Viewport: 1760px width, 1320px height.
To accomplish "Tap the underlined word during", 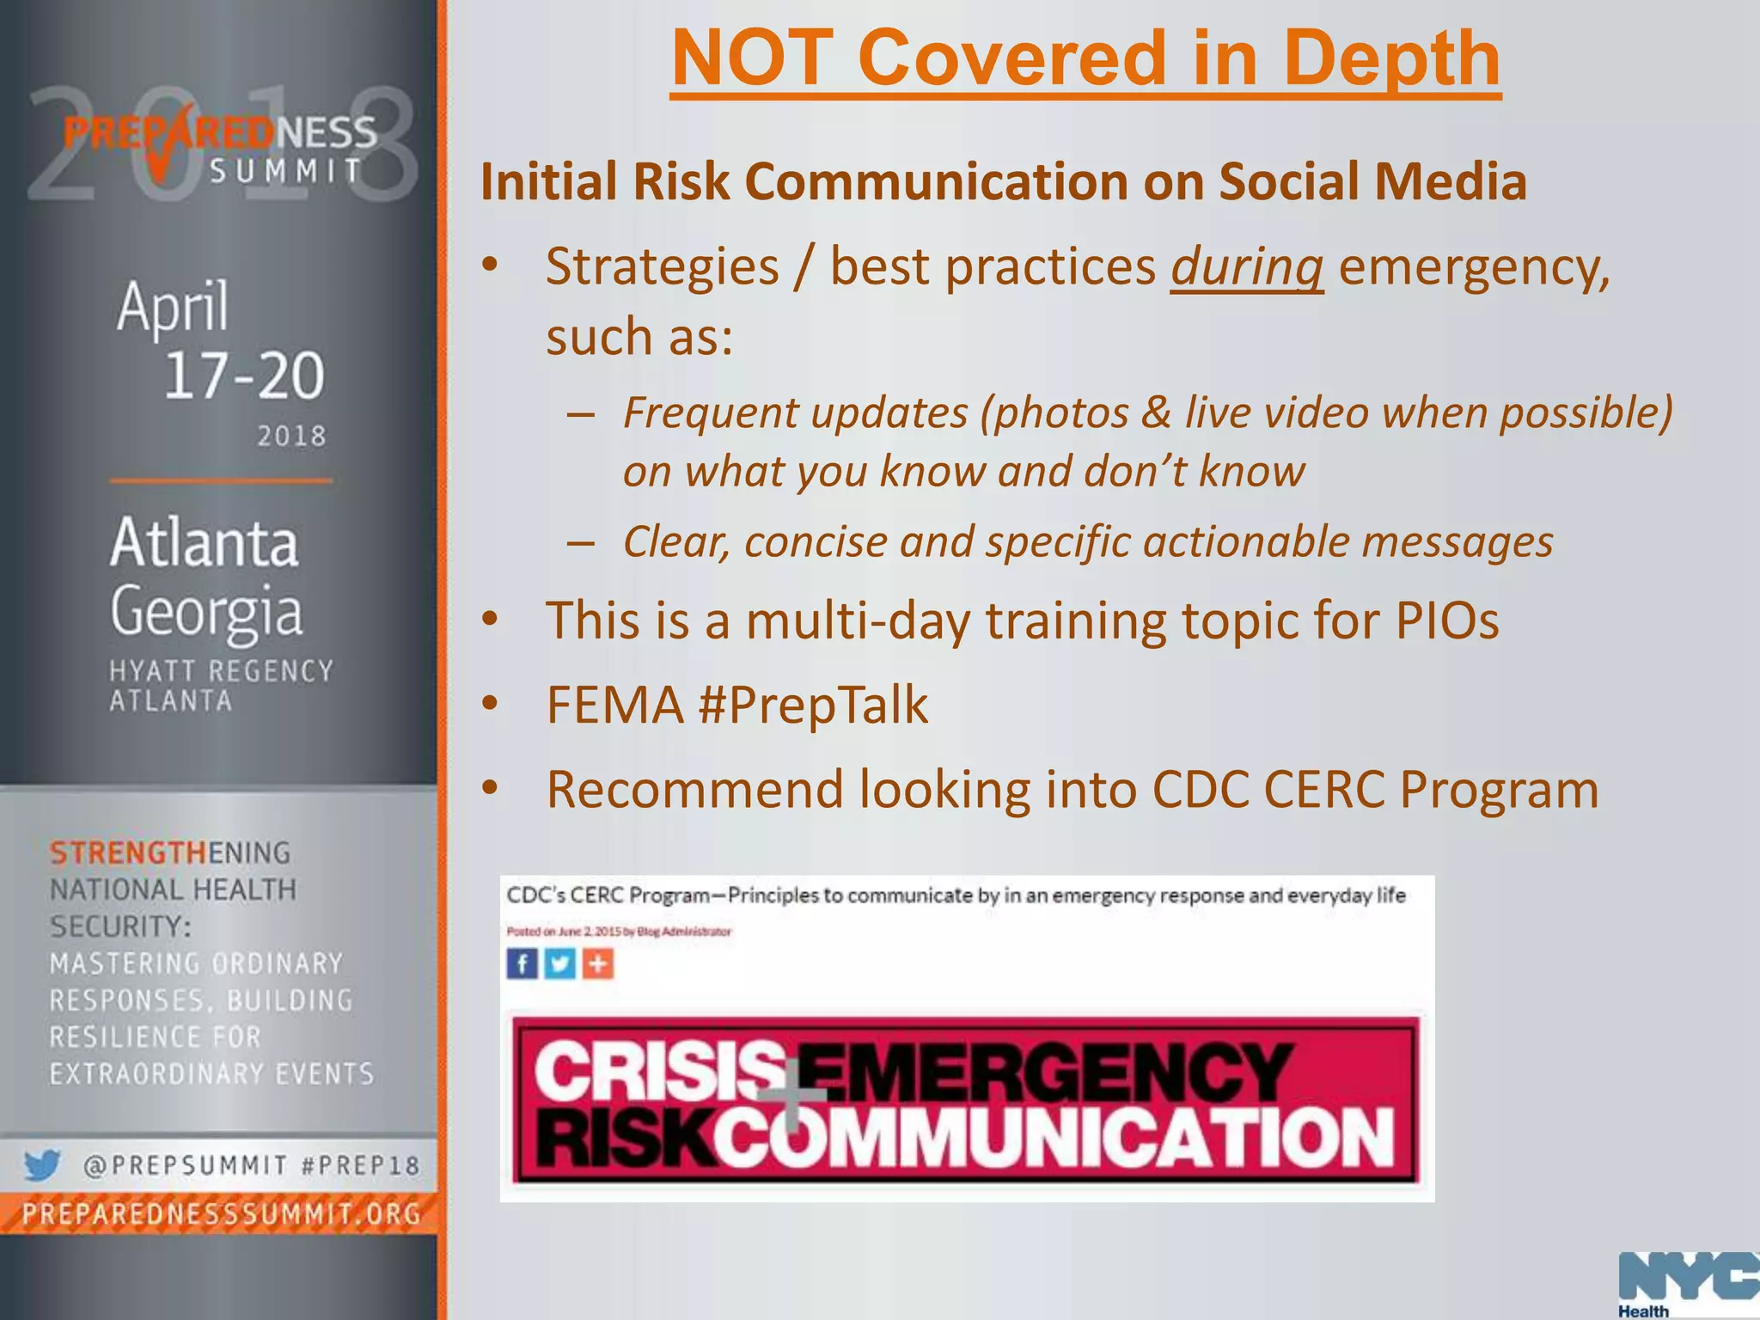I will tap(1246, 266).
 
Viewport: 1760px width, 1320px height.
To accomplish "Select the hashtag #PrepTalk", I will tap(814, 706).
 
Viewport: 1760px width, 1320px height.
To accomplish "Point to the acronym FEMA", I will tap(614, 706).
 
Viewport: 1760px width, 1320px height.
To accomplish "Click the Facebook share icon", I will tap(522, 963).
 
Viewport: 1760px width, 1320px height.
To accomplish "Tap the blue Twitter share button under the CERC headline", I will tap(559, 963).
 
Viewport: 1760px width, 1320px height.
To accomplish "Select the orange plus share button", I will tap(598, 963).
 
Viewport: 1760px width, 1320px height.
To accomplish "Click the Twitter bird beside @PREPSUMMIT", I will tap(41, 1165).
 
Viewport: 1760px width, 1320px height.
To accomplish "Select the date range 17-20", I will tap(244, 376).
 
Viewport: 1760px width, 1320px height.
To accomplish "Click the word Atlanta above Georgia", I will tap(204, 543).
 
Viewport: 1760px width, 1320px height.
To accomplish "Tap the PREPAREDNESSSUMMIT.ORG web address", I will tap(222, 1213).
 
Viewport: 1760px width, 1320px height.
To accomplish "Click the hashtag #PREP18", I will tap(361, 1166).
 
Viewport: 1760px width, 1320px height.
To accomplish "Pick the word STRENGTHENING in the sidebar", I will tap(170, 852).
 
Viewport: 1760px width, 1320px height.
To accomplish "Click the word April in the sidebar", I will tap(173, 307).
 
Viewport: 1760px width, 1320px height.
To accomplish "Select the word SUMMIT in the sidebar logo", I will tap(286, 171).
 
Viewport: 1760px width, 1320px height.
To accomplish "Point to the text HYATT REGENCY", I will tap(221, 671).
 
